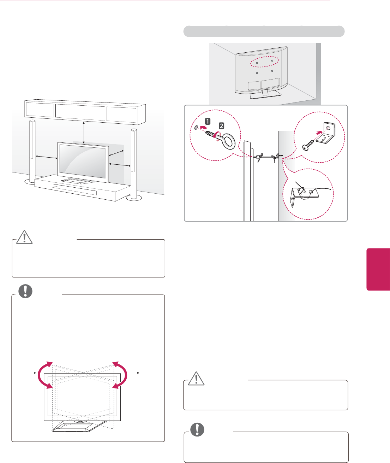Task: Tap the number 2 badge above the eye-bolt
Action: pyautogui.click(x=221, y=126)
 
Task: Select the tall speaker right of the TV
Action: pyautogui.click(x=133, y=163)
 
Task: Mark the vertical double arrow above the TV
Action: pyautogui.click(x=84, y=133)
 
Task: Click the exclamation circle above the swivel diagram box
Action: pyautogui.click(x=25, y=291)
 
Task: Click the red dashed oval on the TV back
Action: pyautogui.click(x=265, y=61)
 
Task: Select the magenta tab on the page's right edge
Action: pyautogui.click(x=378, y=269)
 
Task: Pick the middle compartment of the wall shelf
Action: pyautogui.click(x=80, y=112)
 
